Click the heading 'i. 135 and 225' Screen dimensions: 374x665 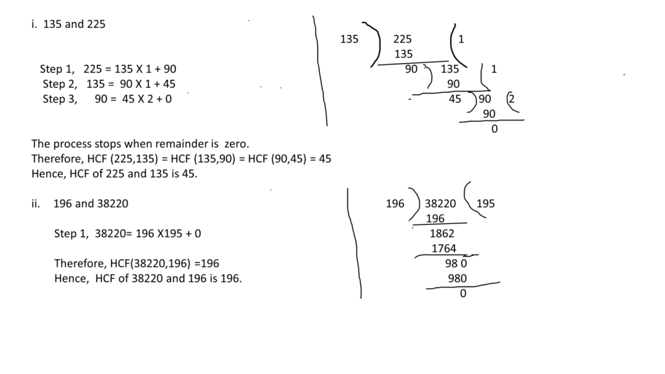68,24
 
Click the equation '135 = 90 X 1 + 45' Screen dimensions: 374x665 131,84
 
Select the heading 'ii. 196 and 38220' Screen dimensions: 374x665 80,203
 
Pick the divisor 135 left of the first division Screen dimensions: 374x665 349,39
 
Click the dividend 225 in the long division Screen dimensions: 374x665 402,39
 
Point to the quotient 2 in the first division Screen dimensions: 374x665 511,99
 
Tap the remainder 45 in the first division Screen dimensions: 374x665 455,99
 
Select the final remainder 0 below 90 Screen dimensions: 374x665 494,129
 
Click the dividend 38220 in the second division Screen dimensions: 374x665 440,203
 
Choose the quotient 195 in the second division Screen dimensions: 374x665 485,203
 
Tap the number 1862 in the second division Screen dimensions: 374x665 442,233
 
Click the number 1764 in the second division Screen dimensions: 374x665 444,248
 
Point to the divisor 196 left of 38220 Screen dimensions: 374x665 395,203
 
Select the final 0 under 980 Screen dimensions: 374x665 462,293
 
